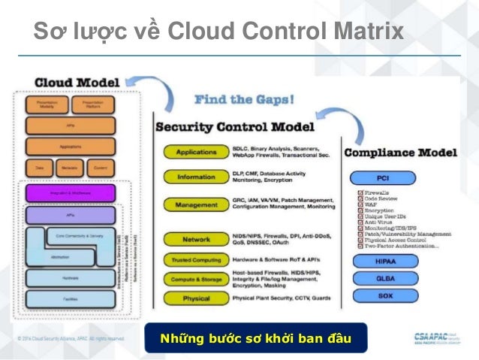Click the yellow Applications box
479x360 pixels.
[x=195, y=152]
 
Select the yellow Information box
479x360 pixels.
[x=195, y=178]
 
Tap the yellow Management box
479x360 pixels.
[x=195, y=204]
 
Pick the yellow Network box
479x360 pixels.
[x=195, y=239]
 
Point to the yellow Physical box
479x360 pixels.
[x=195, y=298]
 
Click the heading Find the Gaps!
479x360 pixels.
[x=244, y=99]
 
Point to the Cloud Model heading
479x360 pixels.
[x=77, y=80]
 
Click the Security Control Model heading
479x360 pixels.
[x=240, y=126]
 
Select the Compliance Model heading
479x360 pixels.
[x=400, y=153]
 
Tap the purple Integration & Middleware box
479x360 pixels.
[x=71, y=193]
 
